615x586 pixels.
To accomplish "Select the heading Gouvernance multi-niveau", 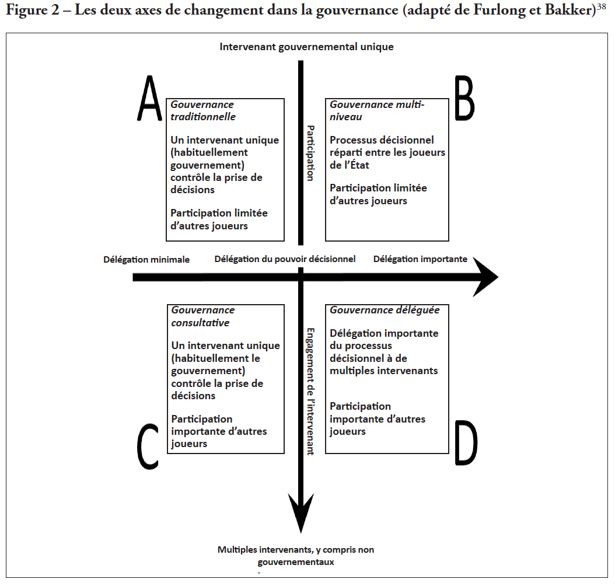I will pos(377,110).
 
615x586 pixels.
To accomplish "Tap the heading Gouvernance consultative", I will pos(203,316).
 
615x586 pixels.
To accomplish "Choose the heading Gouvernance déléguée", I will pos(385,311).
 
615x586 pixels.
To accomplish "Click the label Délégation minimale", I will pos(146,260).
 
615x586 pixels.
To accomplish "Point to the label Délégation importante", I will pos(420,259).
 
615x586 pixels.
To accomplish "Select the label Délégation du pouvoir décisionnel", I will pos(285,259).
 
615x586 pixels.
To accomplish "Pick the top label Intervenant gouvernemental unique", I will pos(306,47).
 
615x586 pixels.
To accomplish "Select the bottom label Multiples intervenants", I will pos(296,550).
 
